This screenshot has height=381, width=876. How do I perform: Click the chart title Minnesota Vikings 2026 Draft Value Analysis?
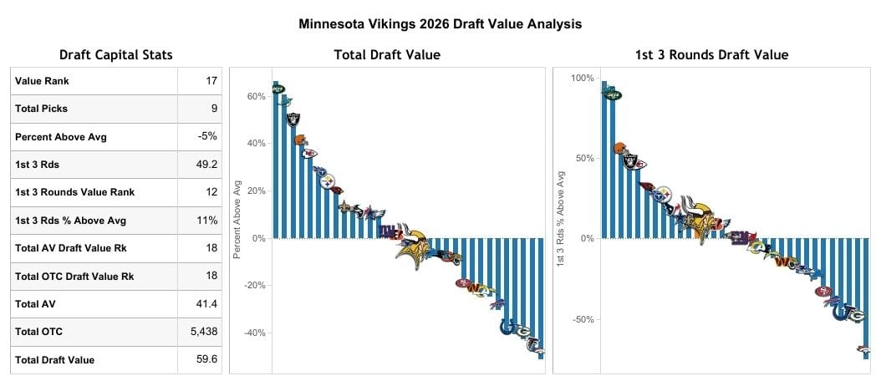click(x=440, y=24)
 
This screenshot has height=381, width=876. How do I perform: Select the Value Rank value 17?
click(x=211, y=81)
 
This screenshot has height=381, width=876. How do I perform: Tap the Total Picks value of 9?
click(x=214, y=109)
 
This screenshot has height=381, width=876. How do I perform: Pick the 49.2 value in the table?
click(x=206, y=165)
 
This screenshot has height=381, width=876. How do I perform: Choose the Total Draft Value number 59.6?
click(x=206, y=360)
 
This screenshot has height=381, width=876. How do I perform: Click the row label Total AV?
click(x=33, y=304)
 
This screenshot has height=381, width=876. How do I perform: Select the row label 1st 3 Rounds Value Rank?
click(x=74, y=192)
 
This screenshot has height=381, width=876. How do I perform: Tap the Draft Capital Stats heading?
click(x=116, y=55)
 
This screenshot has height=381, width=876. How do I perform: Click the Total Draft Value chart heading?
click(x=387, y=55)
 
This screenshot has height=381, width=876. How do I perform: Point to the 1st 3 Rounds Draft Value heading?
click(x=711, y=55)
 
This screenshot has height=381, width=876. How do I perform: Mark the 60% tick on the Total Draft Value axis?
click(x=256, y=96)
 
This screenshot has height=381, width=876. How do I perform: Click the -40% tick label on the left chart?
click(x=253, y=333)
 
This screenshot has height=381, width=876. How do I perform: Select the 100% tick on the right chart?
click(x=582, y=78)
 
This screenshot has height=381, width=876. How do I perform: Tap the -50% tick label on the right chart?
click(x=582, y=319)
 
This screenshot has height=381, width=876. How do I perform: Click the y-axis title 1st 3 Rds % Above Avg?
click(x=560, y=219)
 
